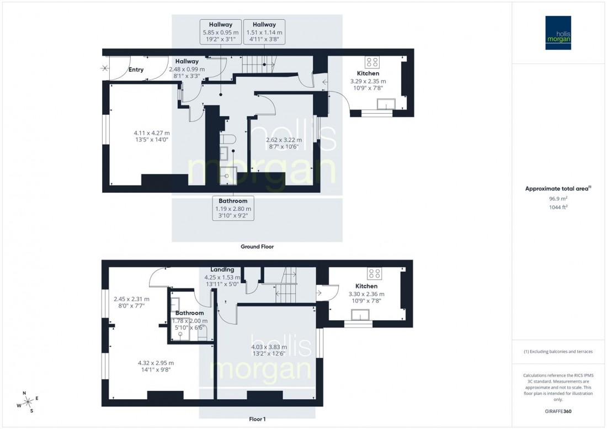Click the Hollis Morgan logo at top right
(x=559, y=33)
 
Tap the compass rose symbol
(x=28, y=402)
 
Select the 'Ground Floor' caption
(x=257, y=247)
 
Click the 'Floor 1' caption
(x=257, y=419)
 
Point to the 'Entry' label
(x=136, y=70)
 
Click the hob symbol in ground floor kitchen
(x=370, y=62)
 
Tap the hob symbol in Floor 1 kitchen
(x=375, y=273)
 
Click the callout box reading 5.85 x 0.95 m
(x=221, y=33)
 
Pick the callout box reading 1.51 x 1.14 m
(x=264, y=33)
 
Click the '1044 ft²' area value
(x=559, y=207)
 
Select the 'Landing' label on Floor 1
(x=222, y=269)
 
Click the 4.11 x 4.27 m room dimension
(x=152, y=136)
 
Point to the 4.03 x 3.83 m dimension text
(x=269, y=351)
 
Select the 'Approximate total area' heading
(x=558, y=188)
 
